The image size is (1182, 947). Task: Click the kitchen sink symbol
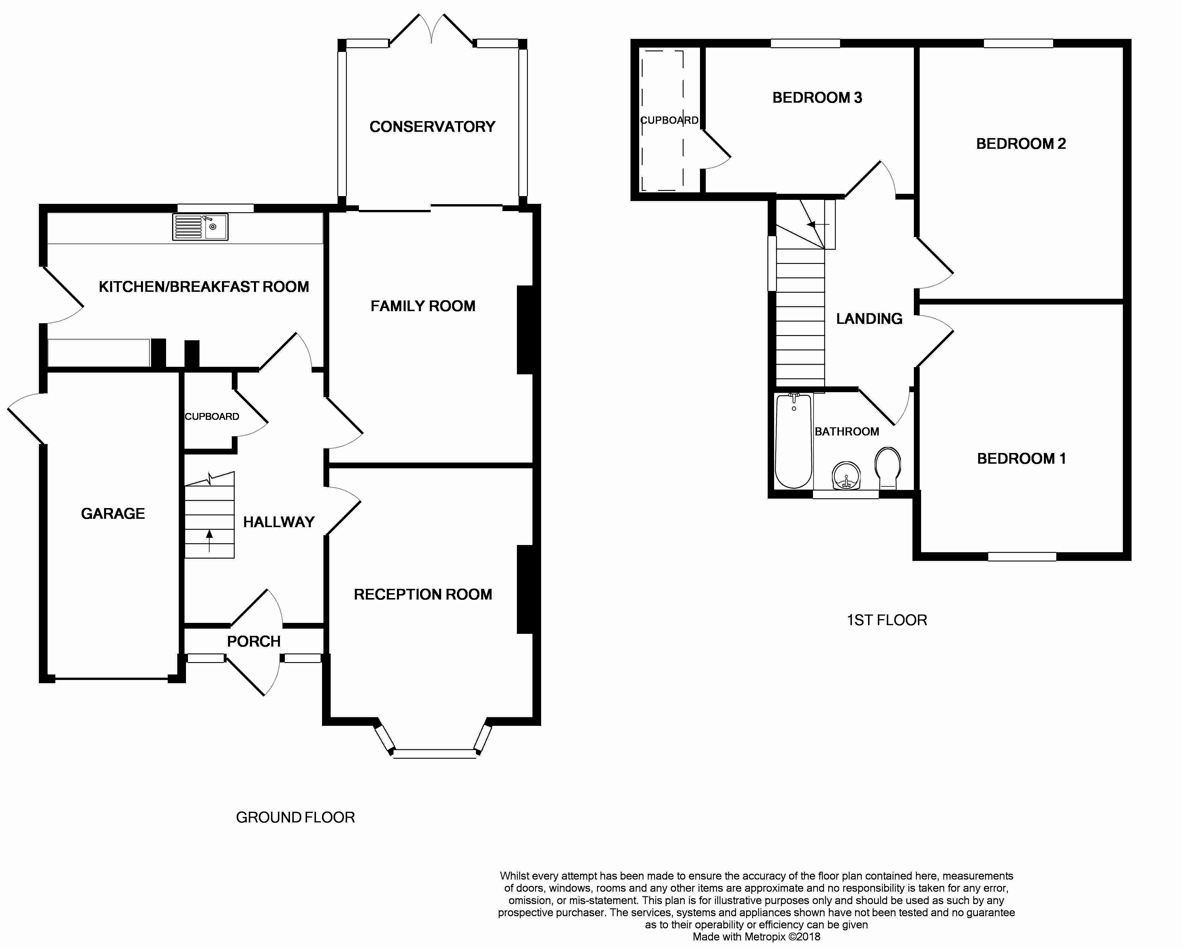(x=200, y=227)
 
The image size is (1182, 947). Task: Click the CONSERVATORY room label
(x=432, y=127)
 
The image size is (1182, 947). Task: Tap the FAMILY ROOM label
(x=423, y=306)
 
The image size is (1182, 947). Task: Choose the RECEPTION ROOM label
(x=423, y=594)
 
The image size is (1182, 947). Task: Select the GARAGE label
(x=113, y=514)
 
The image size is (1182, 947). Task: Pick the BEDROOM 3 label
(x=817, y=97)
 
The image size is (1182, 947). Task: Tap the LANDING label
(x=869, y=319)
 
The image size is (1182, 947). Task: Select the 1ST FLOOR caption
(x=887, y=620)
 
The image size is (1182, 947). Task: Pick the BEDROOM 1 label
(x=1021, y=459)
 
